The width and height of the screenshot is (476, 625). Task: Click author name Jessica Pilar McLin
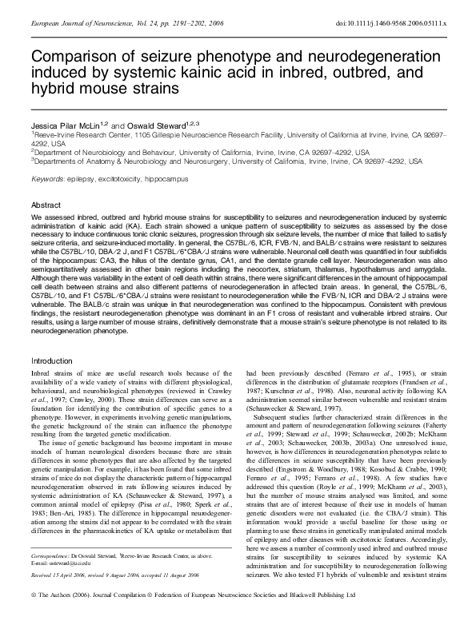point(67,125)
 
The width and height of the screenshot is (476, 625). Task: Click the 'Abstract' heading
point(46,205)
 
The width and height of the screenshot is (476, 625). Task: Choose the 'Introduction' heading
point(52,360)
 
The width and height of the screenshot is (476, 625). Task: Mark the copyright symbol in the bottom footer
point(34,618)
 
